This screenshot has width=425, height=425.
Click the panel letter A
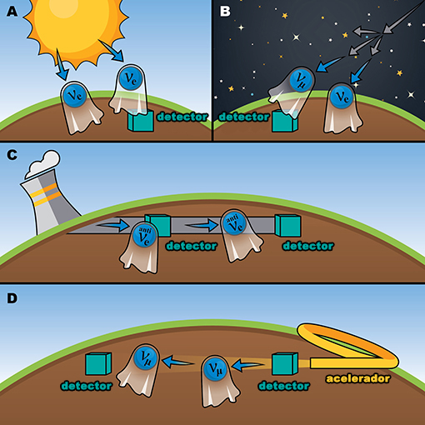[x=12, y=12]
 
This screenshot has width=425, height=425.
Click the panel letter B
[x=225, y=12]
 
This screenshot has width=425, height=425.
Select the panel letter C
[x=12, y=155]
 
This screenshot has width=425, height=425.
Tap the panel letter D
[x=12, y=298]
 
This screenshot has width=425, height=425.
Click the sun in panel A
[x=76, y=27]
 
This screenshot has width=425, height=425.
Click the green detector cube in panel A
[x=141, y=120]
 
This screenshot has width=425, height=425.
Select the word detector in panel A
[x=182, y=117]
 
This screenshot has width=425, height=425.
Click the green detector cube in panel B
[x=284, y=121]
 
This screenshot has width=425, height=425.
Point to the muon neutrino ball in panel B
[x=301, y=80]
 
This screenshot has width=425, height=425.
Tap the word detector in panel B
[x=244, y=117]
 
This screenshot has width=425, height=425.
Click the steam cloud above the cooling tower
[x=43, y=164]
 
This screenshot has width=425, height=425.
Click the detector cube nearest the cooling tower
[x=157, y=225]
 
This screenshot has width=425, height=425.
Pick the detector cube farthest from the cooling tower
[x=287, y=225]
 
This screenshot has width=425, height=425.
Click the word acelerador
[x=358, y=378]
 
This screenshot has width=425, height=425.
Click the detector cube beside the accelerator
[x=285, y=363]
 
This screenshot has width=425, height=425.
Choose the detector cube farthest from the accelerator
[x=98, y=363]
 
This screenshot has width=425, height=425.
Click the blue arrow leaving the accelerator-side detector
[x=247, y=365]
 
